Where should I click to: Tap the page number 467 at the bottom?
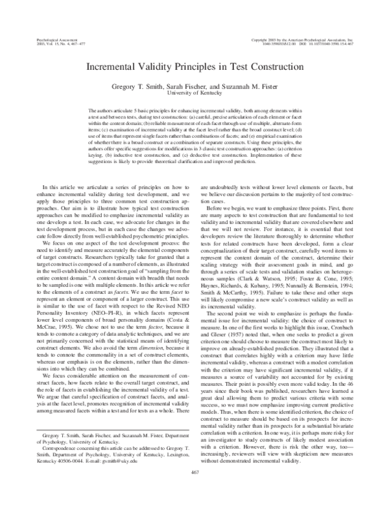click(194, 491)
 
